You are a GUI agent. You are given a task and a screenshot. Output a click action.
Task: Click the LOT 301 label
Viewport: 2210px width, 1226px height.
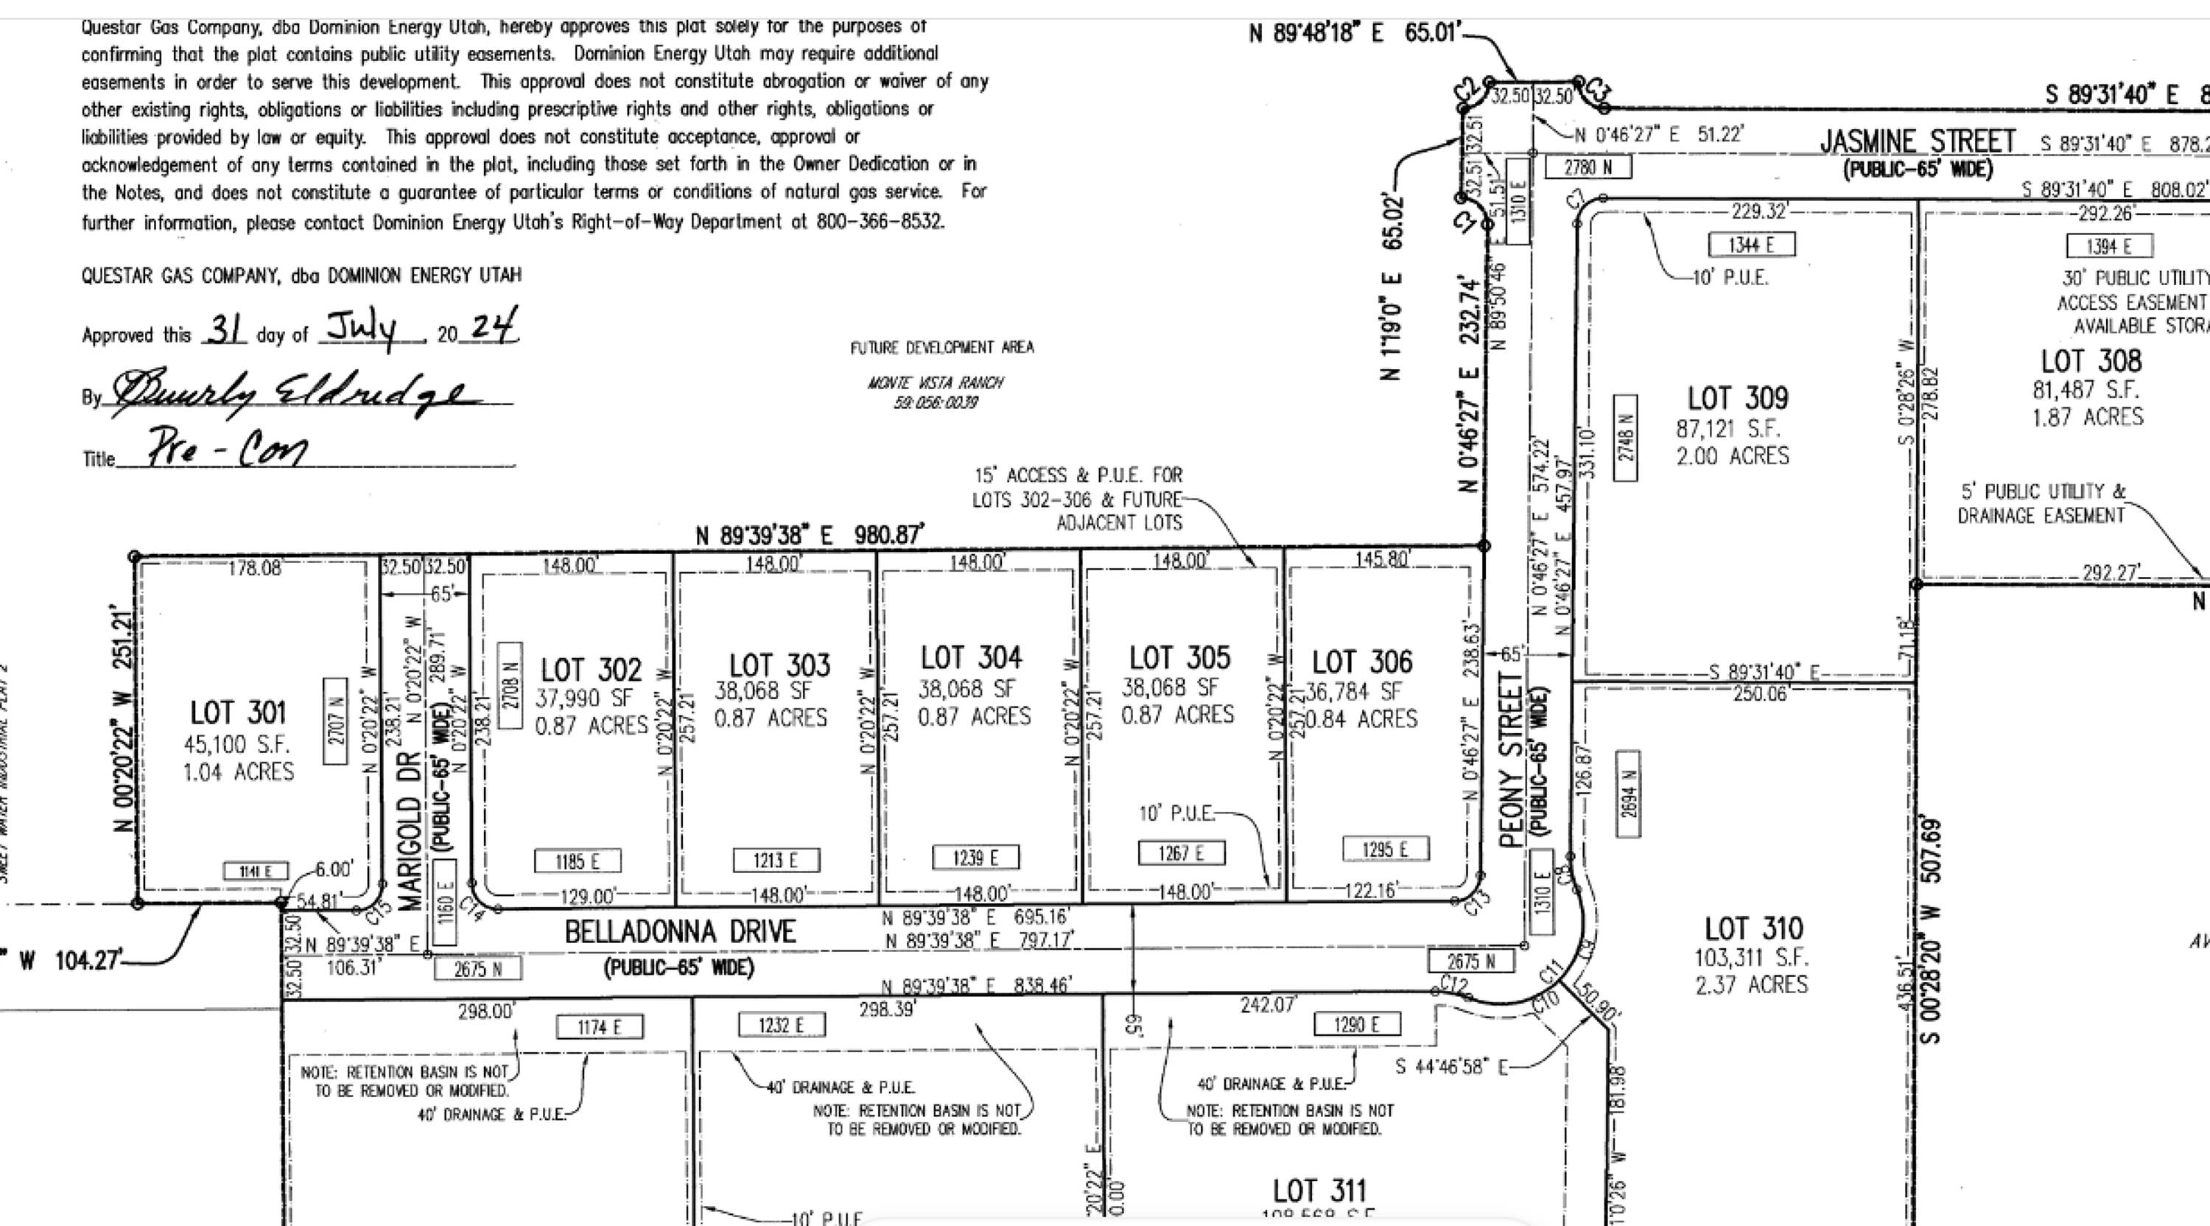(238, 713)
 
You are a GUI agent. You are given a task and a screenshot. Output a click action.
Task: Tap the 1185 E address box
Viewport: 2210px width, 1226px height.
(578, 861)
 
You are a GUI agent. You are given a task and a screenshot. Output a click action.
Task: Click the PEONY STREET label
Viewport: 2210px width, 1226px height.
(1512, 760)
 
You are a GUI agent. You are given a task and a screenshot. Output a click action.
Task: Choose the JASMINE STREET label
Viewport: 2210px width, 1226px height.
(1918, 141)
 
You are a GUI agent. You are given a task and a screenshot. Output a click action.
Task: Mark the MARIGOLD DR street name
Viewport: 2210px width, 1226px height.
(410, 830)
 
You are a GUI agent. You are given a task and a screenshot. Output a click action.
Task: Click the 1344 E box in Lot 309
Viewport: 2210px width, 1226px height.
(1751, 245)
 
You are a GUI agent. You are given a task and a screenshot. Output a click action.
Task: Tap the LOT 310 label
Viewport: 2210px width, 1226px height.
(1753, 928)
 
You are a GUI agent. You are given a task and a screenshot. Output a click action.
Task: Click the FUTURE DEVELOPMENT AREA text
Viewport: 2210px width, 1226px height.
(942, 348)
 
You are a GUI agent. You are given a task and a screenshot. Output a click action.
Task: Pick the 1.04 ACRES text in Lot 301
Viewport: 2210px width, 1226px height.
(238, 772)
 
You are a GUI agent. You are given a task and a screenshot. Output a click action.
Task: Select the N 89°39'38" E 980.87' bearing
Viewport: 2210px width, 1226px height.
(810, 536)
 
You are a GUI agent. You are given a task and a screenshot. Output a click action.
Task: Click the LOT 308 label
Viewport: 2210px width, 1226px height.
(2091, 361)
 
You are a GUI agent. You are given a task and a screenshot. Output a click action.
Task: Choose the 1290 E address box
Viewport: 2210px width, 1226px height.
(1357, 1023)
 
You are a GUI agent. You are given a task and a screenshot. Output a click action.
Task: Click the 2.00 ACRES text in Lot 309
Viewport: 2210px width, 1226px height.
(1733, 455)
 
